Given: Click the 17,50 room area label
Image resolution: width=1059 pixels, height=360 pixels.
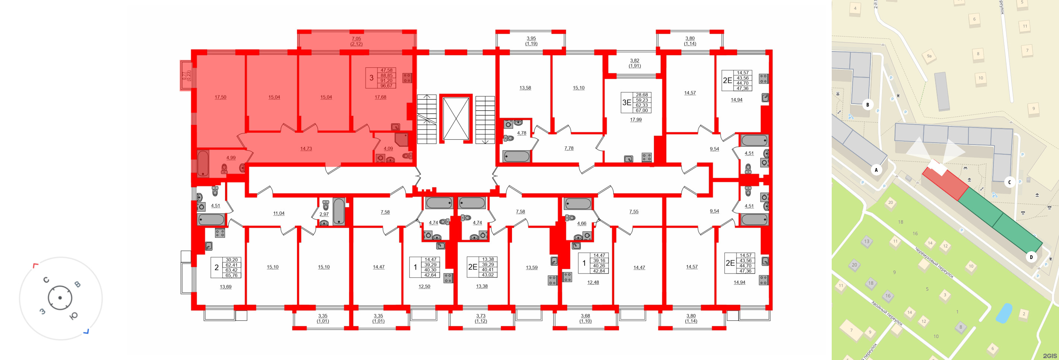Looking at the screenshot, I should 220,97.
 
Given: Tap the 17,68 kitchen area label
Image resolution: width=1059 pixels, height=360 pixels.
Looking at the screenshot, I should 380,97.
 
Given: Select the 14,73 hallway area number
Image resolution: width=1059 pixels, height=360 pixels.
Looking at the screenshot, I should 306,149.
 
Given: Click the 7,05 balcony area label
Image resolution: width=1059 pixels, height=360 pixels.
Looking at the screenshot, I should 356,39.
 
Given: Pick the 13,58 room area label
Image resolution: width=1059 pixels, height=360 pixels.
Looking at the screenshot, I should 525,88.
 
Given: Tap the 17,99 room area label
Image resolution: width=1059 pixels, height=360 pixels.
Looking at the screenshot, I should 636,120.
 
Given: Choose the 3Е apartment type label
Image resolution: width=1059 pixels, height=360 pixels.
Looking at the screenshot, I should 626,103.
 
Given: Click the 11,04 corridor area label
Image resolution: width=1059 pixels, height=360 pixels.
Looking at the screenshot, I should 279,213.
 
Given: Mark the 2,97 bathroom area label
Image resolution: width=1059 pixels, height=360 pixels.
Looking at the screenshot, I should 324,214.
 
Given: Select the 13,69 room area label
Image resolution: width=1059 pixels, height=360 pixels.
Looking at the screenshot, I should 226,287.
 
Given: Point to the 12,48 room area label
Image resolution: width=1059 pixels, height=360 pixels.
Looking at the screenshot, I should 593,282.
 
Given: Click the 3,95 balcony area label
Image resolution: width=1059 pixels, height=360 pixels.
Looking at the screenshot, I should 531,39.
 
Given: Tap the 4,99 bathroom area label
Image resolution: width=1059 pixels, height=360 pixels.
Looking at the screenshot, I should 231,158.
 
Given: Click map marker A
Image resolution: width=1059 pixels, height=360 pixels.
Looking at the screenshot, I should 876,170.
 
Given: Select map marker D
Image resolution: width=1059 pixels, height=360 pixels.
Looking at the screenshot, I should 1031,257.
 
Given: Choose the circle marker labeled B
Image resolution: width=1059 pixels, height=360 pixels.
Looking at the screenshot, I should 867,104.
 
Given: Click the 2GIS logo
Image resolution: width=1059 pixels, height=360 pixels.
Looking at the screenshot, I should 1050,356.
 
